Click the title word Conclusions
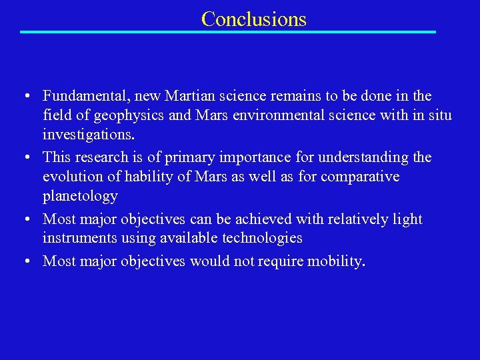[253, 19]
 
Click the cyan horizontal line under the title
[227, 32]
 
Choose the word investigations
[88, 135]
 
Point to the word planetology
[80, 196]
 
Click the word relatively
[357, 219]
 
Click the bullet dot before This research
[24, 158]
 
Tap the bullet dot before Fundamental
[24, 97]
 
